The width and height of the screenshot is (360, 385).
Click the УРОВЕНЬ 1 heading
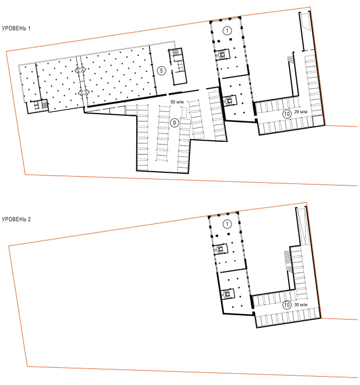pyautogui.click(x=16, y=28)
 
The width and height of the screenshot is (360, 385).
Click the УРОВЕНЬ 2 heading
pyautogui.click(x=16, y=219)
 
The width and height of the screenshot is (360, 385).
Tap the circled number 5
pyautogui.click(x=161, y=71)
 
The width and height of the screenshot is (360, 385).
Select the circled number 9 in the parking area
pyautogui.click(x=174, y=122)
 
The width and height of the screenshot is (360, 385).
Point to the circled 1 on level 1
pyautogui.click(x=227, y=30)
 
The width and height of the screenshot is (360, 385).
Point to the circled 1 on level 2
pyautogui.click(x=227, y=224)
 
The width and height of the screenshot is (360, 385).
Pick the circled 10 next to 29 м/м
pyautogui.click(x=287, y=114)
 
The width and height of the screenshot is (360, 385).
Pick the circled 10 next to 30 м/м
pyautogui.click(x=287, y=305)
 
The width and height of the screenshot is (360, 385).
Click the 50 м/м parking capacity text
pyautogui.click(x=177, y=102)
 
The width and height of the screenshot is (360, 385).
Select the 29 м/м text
pyautogui.click(x=301, y=112)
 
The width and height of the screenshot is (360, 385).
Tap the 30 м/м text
pyautogui.click(x=301, y=305)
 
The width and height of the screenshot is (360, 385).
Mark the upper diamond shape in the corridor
pyautogui.click(x=80, y=70)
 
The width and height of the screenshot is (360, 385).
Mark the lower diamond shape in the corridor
pyautogui.click(x=84, y=93)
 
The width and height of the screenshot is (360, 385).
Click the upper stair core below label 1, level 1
pyautogui.click(x=222, y=54)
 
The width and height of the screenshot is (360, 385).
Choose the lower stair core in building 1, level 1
pyautogui.click(x=229, y=100)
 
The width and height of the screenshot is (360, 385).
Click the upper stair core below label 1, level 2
pyautogui.click(x=220, y=249)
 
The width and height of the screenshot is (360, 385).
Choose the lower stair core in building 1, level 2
pyautogui.click(x=227, y=294)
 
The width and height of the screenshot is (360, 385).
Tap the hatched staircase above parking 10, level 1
pyautogui.click(x=291, y=59)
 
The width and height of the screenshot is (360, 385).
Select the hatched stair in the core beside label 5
pyautogui.click(x=175, y=53)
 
